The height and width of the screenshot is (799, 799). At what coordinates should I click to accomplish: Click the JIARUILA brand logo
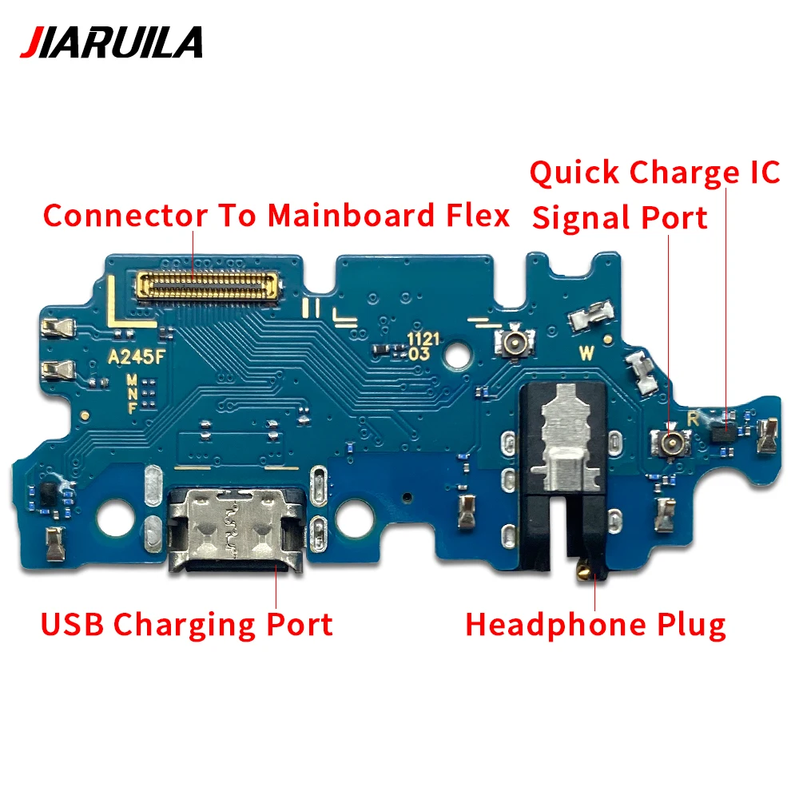pyautogui.click(x=111, y=42)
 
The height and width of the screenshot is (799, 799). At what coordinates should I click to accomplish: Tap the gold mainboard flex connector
pyautogui.click(x=209, y=284)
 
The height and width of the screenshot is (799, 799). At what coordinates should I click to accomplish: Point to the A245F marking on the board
pyautogui.click(x=137, y=357)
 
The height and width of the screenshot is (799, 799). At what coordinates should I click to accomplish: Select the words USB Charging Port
pyautogui.click(x=187, y=624)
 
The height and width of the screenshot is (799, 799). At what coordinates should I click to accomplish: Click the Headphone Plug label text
pyautogui.click(x=596, y=624)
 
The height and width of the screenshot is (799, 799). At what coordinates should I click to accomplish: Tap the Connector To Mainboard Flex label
pyautogui.click(x=276, y=215)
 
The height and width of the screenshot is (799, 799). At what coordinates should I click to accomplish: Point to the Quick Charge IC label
pyautogui.click(x=654, y=173)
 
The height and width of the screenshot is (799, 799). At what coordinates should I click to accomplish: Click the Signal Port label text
pyautogui.click(x=620, y=217)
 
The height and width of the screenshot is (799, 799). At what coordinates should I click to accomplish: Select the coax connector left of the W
pyautogui.click(x=511, y=344)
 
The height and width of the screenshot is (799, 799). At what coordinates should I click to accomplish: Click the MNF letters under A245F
pyautogui.click(x=131, y=394)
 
